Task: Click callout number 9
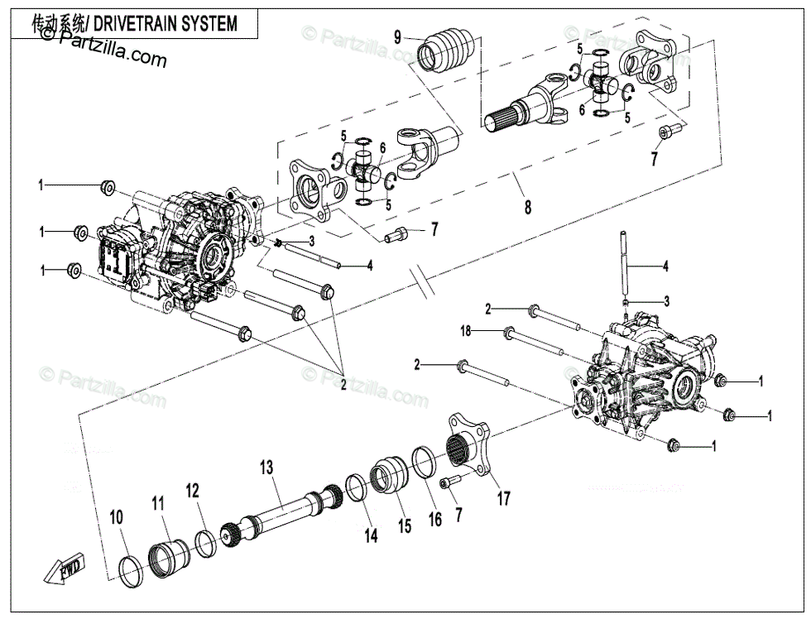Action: pyautogui.click(x=398, y=36)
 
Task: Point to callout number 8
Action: pyautogui.click(x=528, y=208)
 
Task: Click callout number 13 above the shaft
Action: pyautogui.click(x=266, y=467)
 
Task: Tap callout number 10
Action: pyautogui.click(x=117, y=517)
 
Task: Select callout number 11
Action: pyautogui.click(x=158, y=502)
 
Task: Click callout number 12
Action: pyautogui.click(x=193, y=491)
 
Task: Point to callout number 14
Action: pyautogui.click(x=372, y=536)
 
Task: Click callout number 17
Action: pyautogui.click(x=503, y=498)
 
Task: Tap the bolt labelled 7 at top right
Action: pyautogui.click(x=669, y=131)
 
